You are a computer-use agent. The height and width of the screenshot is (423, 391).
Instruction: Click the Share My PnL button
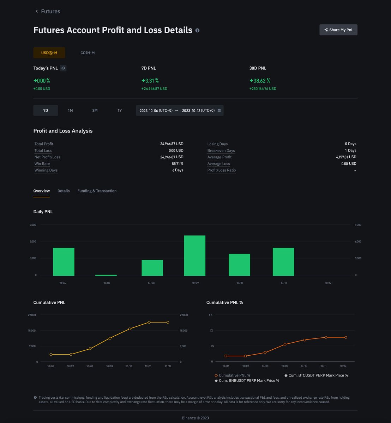pos(338,30)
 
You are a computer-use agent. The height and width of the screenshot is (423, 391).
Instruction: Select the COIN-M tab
pos(88,53)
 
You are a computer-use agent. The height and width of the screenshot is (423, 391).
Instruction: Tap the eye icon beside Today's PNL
pos(63,68)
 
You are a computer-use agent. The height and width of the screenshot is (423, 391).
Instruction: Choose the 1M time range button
pos(70,110)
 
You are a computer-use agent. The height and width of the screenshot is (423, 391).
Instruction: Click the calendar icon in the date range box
pos(219,110)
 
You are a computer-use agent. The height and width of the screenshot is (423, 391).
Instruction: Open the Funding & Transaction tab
pos(97,191)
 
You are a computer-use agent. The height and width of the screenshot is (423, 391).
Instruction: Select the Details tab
pos(64,191)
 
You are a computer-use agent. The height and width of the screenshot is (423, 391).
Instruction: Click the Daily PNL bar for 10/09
pos(194,256)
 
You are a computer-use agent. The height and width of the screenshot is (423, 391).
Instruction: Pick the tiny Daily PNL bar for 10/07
pos(106,275)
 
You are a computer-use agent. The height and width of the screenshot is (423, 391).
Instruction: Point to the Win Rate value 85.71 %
pos(178,164)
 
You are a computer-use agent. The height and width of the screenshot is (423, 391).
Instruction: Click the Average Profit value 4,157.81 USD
pos(346,157)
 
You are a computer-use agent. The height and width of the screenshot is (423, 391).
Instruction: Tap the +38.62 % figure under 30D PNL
pos(260,81)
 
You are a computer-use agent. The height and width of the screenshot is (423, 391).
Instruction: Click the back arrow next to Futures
pos(37,11)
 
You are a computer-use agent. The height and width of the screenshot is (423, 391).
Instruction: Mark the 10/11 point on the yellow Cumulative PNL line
pos(149,322)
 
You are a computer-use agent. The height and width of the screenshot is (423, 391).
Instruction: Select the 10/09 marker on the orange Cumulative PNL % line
pos(285,344)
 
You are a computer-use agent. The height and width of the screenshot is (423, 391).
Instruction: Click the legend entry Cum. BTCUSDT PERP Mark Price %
pos(316,375)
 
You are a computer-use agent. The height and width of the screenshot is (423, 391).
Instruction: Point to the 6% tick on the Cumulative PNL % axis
pos(211,314)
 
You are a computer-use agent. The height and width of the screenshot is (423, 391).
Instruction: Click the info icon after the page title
pos(198,30)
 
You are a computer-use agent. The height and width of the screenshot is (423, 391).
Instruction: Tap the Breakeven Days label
pos(221,151)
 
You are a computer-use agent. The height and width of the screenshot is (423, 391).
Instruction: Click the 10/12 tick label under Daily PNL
pos(328,283)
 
